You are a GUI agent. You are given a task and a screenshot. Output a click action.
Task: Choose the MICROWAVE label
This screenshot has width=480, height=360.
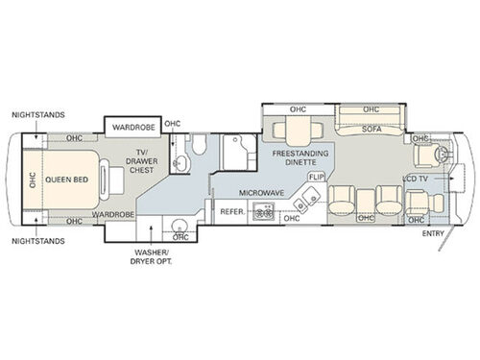click(261, 193)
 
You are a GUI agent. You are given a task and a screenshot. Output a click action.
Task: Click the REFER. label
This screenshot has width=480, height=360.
click(232, 211)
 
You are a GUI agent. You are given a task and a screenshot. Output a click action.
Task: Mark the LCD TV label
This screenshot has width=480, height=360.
click(417, 179)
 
